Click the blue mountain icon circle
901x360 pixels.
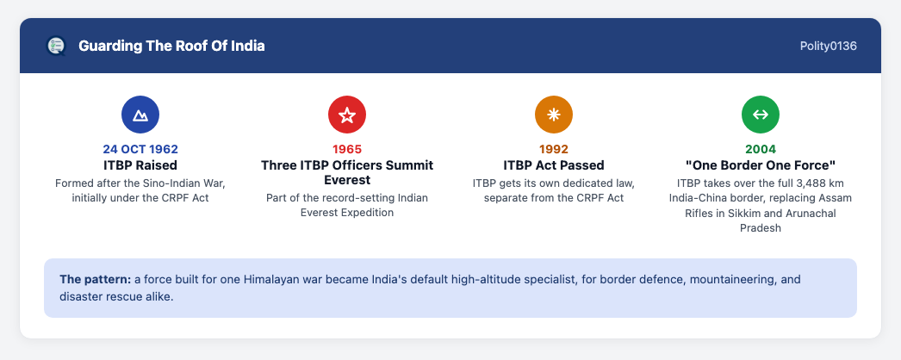click(x=140, y=115)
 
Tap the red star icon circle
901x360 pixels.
click(x=347, y=115)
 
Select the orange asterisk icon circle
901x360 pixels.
click(x=554, y=115)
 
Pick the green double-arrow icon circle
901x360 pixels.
click(x=761, y=115)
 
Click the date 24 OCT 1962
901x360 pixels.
click(x=140, y=149)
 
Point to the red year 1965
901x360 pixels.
click(x=347, y=149)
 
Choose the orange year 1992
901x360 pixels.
click(x=554, y=149)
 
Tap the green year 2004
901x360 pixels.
click(x=761, y=149)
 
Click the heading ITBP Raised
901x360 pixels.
click(x=140, y=165)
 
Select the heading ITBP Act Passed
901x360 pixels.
click(x=554, y=165)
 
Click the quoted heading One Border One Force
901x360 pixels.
click(x=761, y=165)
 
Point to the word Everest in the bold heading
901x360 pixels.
click(x=347, y=180)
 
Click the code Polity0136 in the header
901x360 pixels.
click(x=828, y=46)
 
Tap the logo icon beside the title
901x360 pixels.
click(x=56, y=46)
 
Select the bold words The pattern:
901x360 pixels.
click(x=96, y=280)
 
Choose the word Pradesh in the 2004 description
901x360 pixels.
click(x=761, y=228)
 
